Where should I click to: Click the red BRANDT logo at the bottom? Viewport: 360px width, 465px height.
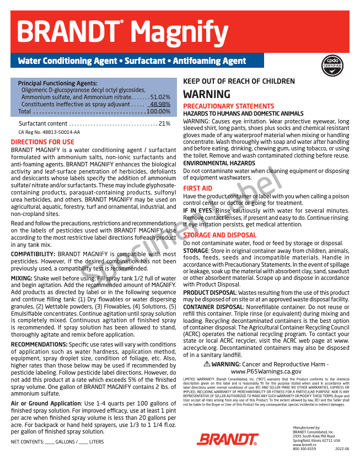tap(228, 439)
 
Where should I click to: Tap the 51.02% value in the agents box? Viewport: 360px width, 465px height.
tap(160, 97)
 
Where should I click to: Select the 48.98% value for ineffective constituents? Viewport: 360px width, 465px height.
tap(160, 104)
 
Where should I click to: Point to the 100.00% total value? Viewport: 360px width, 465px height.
tap(158, 111)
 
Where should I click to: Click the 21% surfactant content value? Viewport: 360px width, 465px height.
tap(164, 123)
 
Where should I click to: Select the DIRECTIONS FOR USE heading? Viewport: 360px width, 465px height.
tap(42, 142)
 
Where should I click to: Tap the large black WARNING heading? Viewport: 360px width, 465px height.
tap(206, 94)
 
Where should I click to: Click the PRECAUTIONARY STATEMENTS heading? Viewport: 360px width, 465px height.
tap(228, 106)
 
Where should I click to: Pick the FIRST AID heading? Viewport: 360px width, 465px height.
tap(198, 188)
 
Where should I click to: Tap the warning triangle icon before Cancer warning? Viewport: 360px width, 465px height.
tap(222, 365)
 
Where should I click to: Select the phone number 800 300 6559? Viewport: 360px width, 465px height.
tap(304, 449)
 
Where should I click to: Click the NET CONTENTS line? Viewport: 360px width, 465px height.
tap(57, 442)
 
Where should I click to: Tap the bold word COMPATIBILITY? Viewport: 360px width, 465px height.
tap(33, 254)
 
